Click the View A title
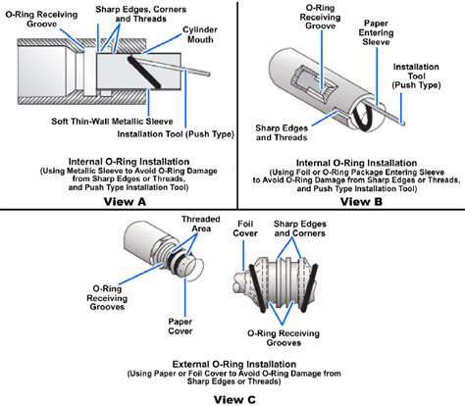125,201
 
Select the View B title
361,201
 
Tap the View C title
234,399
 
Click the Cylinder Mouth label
200,34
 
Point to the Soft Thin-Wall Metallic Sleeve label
112,122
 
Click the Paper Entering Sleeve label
376,32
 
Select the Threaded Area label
201,224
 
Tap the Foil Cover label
245,228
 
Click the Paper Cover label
181,327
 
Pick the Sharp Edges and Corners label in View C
300,228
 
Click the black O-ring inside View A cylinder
144,73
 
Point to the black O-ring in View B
363,116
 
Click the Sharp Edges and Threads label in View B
282,132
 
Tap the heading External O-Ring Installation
234,364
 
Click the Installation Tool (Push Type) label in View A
176,134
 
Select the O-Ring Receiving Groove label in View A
41,19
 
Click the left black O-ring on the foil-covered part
258,288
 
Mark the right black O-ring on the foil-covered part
309,287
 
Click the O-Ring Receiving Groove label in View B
320,17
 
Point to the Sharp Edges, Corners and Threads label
141,14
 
